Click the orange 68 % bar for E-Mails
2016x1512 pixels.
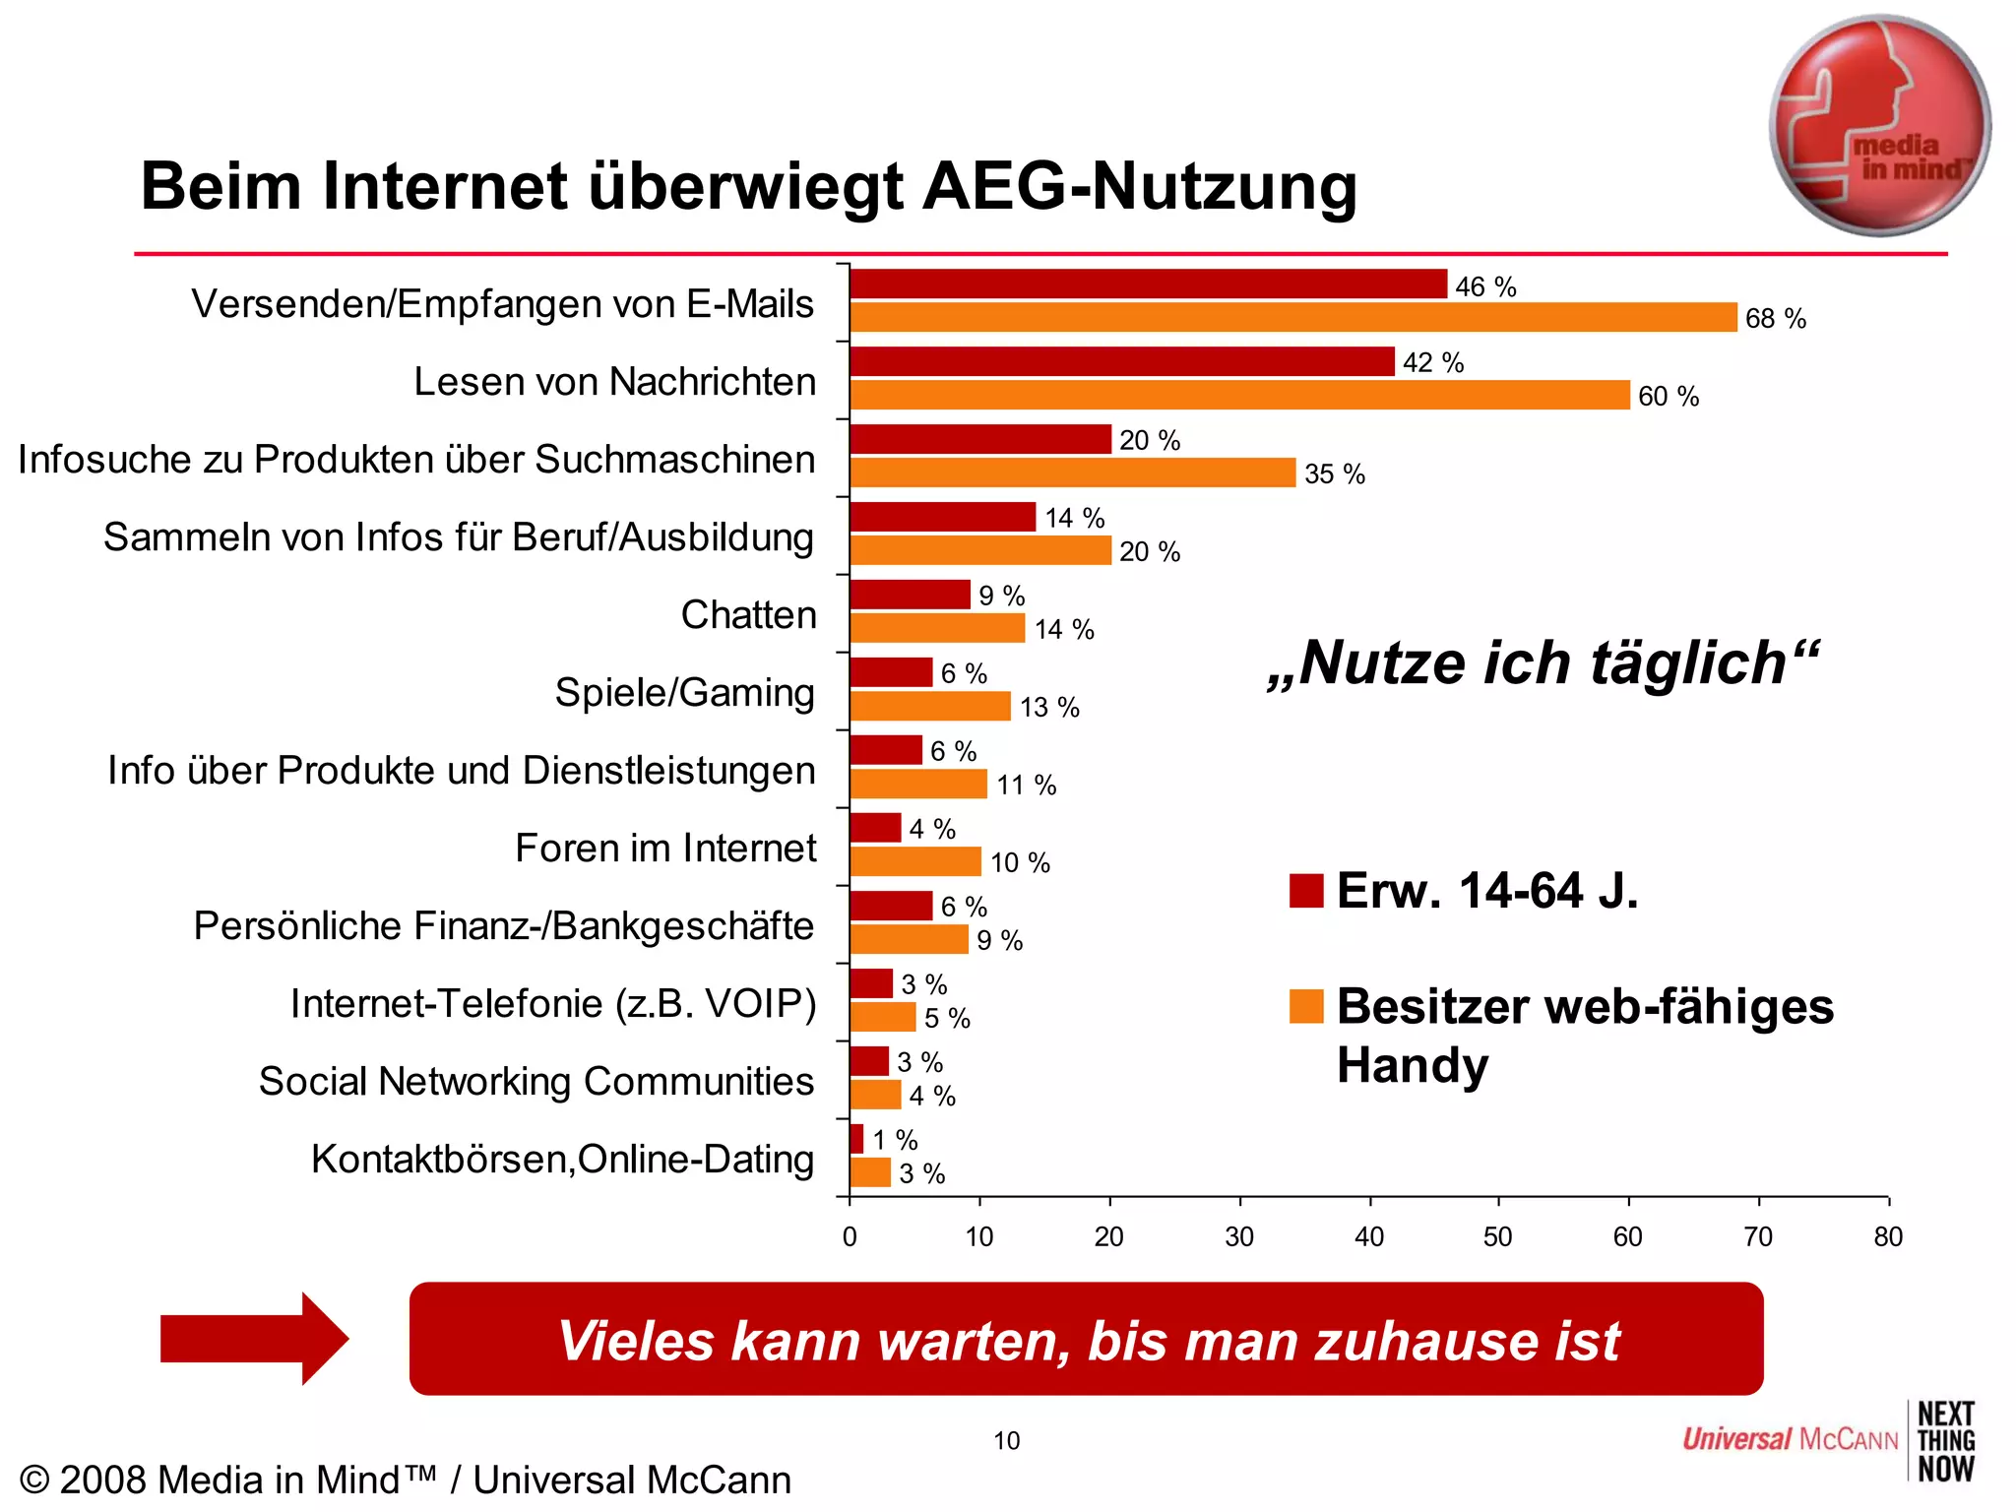click(x=1292, y=317)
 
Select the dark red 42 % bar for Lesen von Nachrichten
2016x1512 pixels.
click(x=1122, y=361)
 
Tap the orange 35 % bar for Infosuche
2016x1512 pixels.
click(x=1072, y=472)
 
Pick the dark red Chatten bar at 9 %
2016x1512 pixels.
click(x=910, y=595)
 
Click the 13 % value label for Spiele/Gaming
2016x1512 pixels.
click(x=1049, y=707)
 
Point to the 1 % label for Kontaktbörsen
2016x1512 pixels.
click(x=895, y=1140)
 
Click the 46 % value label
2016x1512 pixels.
click(x=1485, y=286)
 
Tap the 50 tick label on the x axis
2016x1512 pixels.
click(x=1497, y=1236)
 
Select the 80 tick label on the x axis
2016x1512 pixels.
click(x=1887, y=1236)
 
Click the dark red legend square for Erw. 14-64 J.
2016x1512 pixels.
click(x=1306, y=890)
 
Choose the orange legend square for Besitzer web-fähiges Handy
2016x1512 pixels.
click(x=1306, y=1006)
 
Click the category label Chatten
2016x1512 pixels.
click(x=748, y=614)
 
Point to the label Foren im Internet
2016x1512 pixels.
click(x=665, y=848)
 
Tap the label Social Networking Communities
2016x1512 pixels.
click(x=536, y=1081)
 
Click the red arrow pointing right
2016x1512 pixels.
click(x=254, y=1339)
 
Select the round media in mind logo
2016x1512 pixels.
click(x=1879, y=125)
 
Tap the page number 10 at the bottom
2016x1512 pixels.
click(x=1006, y=1441)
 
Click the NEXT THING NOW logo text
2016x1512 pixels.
click(x=1945, y=1441)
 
